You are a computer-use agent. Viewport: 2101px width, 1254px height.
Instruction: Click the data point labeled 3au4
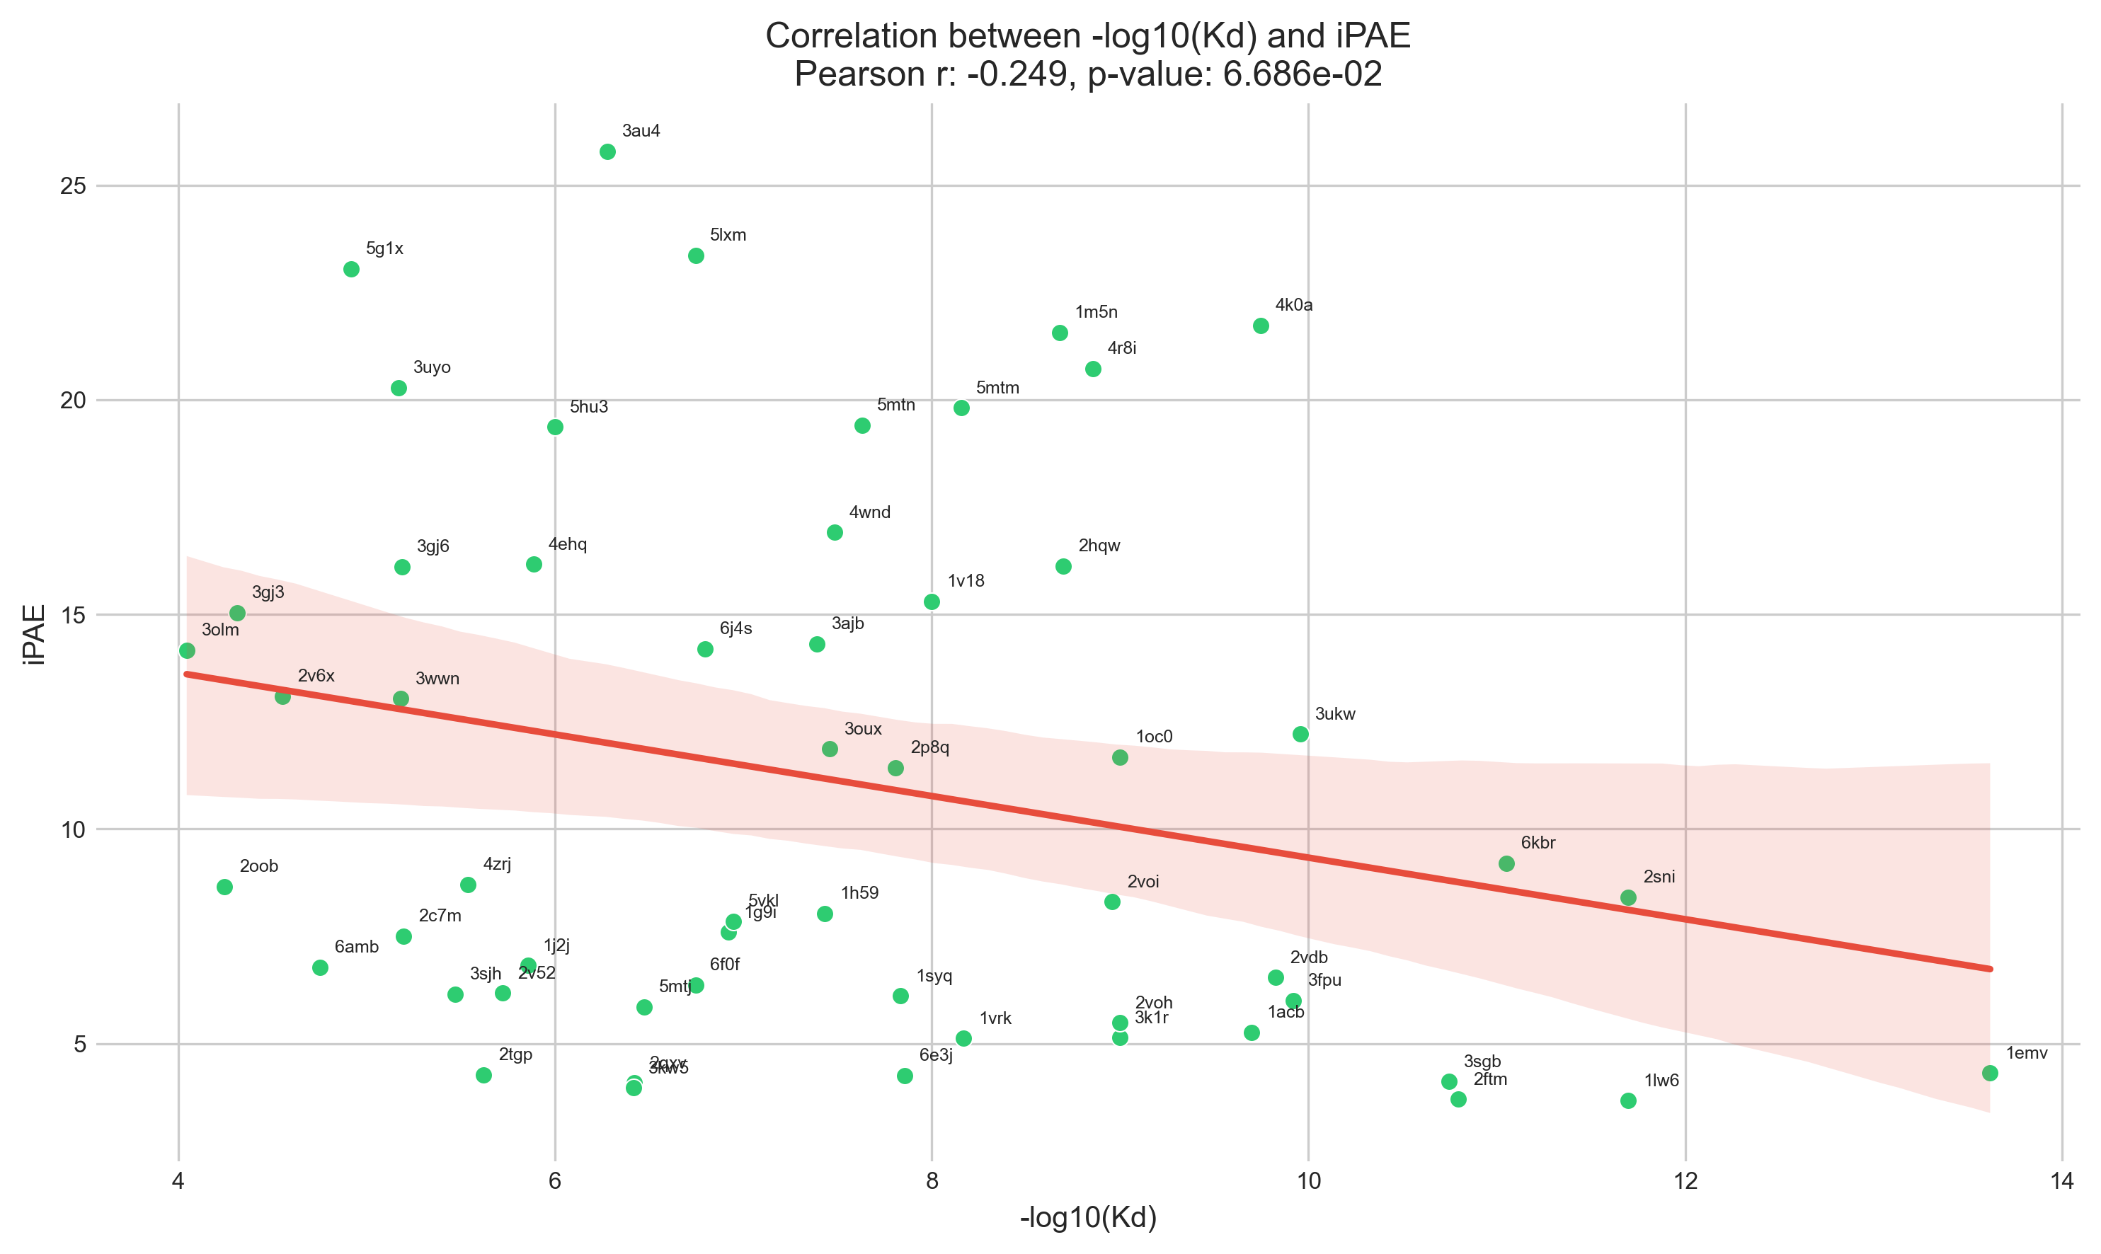(x=607, y=152)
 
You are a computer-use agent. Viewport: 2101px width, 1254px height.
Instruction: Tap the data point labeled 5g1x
(x=352, y=270)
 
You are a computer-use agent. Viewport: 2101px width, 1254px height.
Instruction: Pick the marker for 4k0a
(x=1261, y=326)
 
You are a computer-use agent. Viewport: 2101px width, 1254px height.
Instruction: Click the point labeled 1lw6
(x=1629, y=1100)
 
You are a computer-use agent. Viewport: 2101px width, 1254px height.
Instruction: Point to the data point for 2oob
(x=225, y=887)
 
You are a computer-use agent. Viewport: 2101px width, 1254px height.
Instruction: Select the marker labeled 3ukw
(x=1300, y=735)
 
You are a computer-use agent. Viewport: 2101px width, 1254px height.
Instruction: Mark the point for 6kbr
(x=1507, y=863)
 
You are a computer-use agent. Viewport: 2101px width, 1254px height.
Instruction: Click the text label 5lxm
(x=728, y=235)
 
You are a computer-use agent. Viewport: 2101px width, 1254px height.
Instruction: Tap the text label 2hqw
(x=1099, y=546)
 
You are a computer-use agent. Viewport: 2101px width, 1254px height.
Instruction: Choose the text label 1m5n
(x=1096, y=313)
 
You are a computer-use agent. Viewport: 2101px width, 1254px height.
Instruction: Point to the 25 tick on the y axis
(x=74, y=186)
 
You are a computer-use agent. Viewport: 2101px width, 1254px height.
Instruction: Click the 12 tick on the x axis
(x=1686, y=1181)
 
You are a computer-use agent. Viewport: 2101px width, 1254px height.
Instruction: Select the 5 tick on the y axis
(x=80, y=1045)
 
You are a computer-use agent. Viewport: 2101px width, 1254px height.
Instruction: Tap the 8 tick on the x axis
(x=932, y=1181)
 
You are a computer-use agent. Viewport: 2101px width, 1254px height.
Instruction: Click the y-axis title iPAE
(x=35, y=635)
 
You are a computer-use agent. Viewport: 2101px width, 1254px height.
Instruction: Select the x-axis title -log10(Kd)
(x=1089, y=1219)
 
